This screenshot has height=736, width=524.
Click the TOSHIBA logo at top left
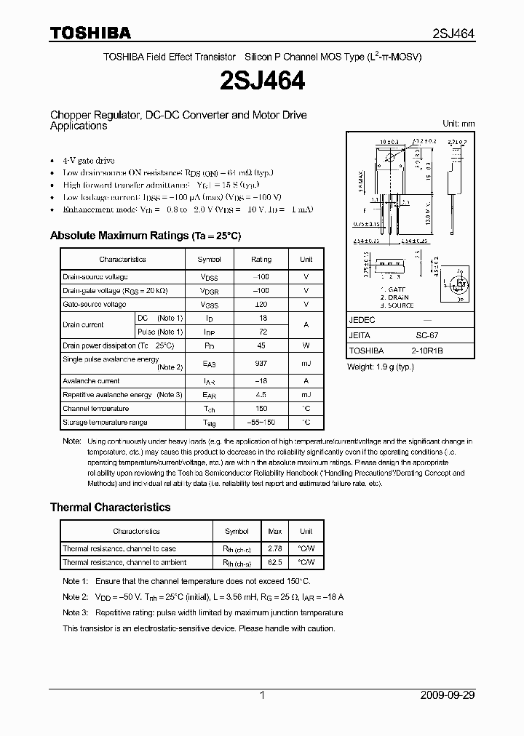tap(90, 33)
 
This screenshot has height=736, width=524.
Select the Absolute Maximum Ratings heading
tap(145, 236)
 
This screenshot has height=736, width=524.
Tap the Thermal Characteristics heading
tap(110, 507)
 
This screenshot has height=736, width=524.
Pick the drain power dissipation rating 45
tap(262, 345)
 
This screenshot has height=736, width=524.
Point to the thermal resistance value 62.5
tap(276, 562)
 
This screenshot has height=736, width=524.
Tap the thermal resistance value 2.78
tap(276, 548)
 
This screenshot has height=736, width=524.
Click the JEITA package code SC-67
tap(426, 335)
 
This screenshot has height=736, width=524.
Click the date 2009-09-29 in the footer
tap(448, 695)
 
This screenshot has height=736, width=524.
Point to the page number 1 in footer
tap(262, 695)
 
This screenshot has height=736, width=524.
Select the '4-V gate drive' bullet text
tap(89, 160)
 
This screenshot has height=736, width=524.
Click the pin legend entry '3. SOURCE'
tap(397, 305)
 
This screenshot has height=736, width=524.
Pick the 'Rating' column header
tap(261, 259)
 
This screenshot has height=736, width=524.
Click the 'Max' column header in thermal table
tap(276, 531)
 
